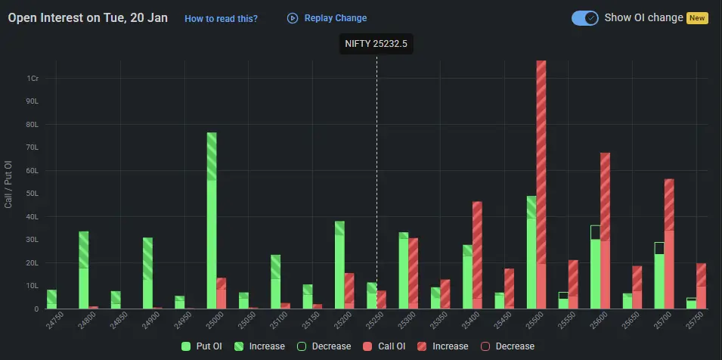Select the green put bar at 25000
212,219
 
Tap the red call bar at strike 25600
605,231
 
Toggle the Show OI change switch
585,18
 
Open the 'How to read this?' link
221,18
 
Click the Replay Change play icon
293,18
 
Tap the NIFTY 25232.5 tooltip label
376,44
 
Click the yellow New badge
697,18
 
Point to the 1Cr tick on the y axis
33,78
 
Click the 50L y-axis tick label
33,194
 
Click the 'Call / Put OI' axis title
9,185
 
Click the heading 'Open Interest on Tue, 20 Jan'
88,17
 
